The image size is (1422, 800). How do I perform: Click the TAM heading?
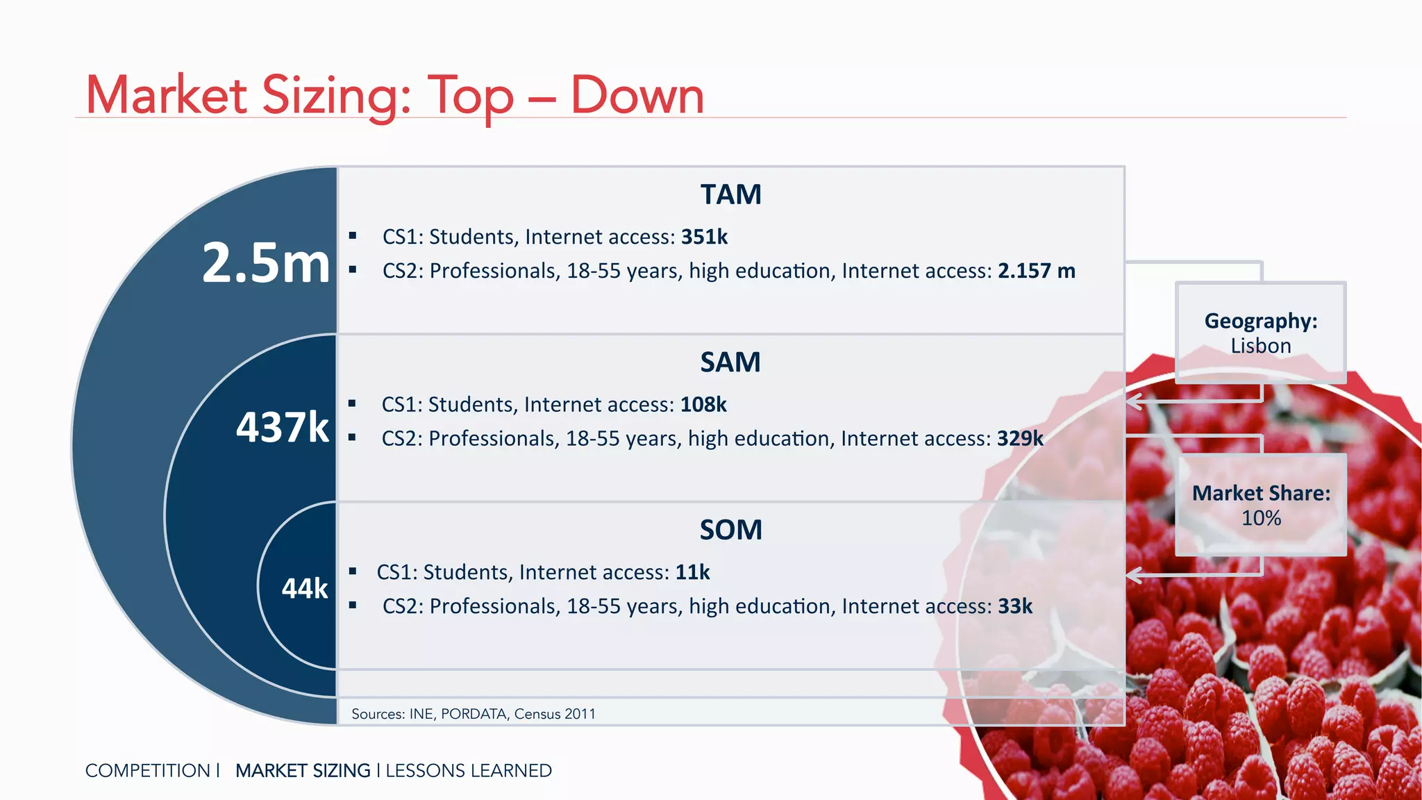pos(730,194)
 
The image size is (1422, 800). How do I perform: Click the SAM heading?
pos(730,362)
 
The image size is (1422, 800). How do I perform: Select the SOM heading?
pos(730,531)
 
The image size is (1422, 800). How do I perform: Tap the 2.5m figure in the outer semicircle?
pos(266,263)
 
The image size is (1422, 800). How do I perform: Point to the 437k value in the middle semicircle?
pos(282,427)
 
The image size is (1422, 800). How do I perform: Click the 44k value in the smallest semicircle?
pos(304,589)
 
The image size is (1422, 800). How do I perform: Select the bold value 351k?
pos(704,237)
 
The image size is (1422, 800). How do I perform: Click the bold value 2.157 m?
pos(1036,271)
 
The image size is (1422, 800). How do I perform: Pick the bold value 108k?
pos(703,405)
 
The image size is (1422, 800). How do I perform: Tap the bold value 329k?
pos(1020,439)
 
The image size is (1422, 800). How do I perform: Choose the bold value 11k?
pos(692,572)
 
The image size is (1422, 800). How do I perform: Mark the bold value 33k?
pos(1015,606)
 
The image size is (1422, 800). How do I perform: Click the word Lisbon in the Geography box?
pos(1260,346)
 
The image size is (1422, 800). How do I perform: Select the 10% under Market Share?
pos(1261,518)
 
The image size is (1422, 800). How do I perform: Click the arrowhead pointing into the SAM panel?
pos(1134,401)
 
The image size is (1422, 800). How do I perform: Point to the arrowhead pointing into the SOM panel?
pos(1134,575)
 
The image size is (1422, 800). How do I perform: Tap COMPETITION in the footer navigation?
pos(147,771)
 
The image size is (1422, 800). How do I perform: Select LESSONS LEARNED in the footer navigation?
pos(469,771)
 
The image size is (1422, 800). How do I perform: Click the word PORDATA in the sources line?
pos(474,714)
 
